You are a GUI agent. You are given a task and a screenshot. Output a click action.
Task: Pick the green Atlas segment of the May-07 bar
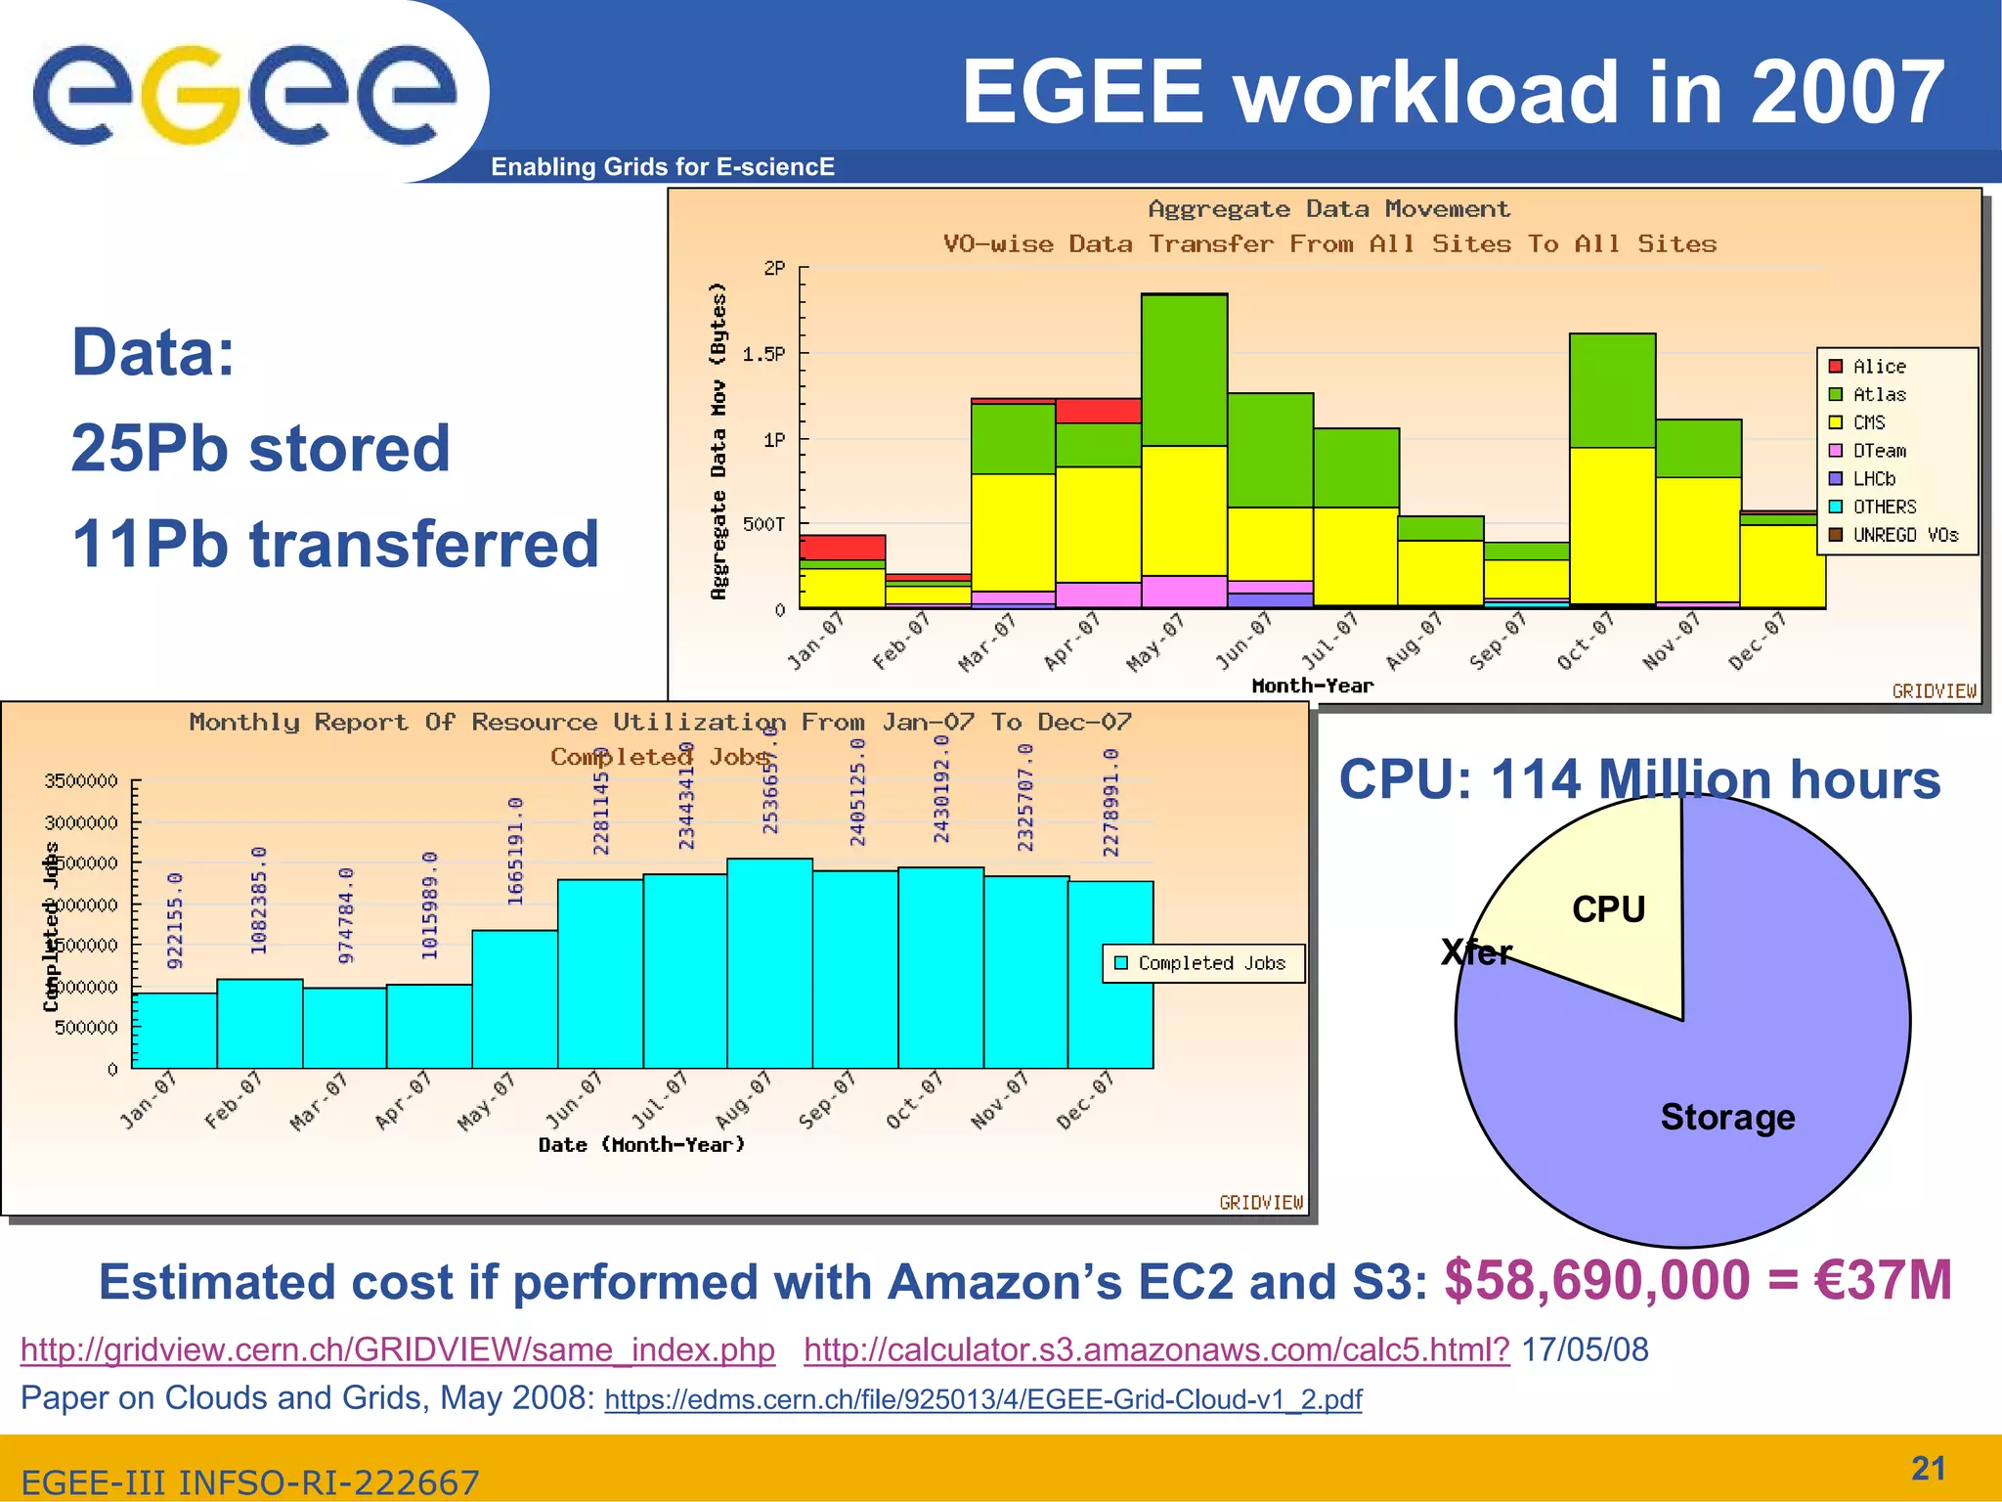pos(1184,370)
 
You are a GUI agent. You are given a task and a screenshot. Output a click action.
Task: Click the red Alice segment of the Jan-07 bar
pos(842,547)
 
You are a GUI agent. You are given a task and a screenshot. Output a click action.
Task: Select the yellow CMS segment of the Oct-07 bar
pos(1612,524)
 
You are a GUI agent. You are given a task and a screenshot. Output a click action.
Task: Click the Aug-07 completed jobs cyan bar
pos(769,963)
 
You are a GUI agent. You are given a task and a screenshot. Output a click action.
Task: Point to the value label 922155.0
pos(175,920)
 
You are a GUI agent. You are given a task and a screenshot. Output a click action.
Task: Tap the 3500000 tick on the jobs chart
pos(81,780)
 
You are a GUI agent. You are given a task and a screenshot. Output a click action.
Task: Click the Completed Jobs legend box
pos(1202,963)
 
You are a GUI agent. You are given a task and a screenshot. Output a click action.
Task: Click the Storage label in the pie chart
pos(1727,1117)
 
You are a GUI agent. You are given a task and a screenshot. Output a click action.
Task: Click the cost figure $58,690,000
pos(1596,1281)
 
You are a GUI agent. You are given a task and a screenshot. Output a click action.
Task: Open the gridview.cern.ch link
pos(397,1349)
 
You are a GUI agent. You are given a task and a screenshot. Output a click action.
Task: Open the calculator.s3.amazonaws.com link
pos(1155,1349)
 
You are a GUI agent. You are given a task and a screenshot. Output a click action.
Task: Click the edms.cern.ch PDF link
pos(982,1399)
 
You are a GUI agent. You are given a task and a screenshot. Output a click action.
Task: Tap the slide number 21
pos(1928,1468)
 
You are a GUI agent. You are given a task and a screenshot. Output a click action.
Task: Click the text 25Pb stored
pos(260,448)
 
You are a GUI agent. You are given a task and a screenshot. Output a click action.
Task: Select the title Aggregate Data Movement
pos(1327,208)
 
